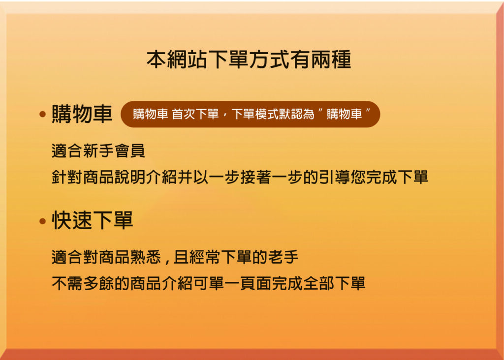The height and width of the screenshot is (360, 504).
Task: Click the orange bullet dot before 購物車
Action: click(42, 114)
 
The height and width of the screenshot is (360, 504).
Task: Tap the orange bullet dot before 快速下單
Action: click(42, 221)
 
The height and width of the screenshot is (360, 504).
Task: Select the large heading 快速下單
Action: click(93, 220)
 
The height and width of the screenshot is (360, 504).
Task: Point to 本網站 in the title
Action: click(177, 60)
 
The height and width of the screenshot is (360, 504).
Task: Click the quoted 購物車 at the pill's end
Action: click(344, 114)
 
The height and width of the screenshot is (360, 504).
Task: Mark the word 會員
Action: click(130, 150)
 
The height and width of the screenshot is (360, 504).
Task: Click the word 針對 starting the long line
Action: click(67, 177)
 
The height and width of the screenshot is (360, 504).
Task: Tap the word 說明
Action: click(130, 177)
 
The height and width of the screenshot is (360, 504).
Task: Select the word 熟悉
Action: click(146, 257)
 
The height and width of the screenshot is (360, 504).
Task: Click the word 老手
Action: click(283, 257)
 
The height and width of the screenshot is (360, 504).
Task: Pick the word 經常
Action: click(205, 257)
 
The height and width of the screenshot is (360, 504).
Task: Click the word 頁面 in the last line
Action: click(255, 283)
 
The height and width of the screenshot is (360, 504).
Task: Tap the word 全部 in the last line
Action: click(318, 283)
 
